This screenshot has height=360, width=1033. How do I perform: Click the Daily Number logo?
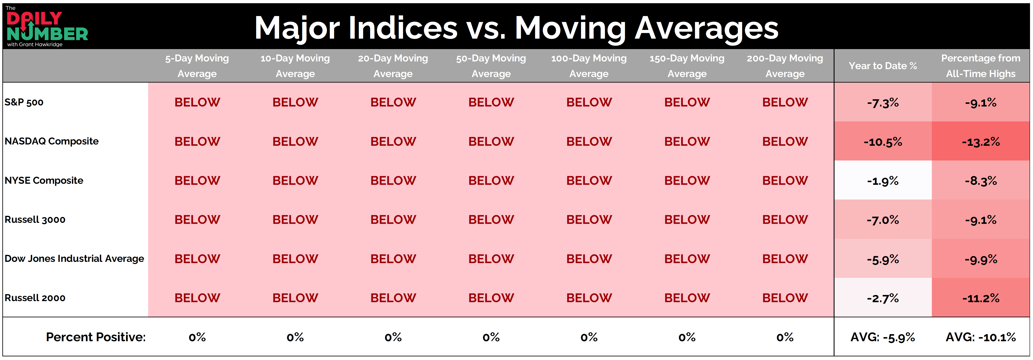tap(47, 26)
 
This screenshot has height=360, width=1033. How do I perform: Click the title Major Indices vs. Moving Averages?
tap(516, 28)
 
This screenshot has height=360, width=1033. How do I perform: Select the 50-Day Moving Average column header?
tap(491, 66)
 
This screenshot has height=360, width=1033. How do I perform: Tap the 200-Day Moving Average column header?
tap(785, 66)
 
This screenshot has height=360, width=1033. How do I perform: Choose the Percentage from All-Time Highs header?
tap(981, 66)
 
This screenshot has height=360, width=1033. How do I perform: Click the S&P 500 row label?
tap(24, 102)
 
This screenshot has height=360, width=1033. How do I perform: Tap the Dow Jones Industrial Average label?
tap(74, 259)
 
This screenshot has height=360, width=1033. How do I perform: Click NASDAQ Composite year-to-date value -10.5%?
tap(883, 141)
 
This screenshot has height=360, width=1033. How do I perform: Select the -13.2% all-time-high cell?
tap(981, 141)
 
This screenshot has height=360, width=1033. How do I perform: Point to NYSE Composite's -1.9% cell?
tap(883, 181)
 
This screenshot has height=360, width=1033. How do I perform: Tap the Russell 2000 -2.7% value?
tap(883, 298)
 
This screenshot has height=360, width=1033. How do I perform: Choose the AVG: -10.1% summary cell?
tap(981, 337)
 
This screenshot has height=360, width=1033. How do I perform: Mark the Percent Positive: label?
tap(96, 337)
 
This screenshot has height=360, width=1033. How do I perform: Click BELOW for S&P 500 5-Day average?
tap(197, 102)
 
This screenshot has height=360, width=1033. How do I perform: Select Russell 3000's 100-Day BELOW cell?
tap(589, 220)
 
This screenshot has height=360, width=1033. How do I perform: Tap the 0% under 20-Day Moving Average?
tap(393, 337)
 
